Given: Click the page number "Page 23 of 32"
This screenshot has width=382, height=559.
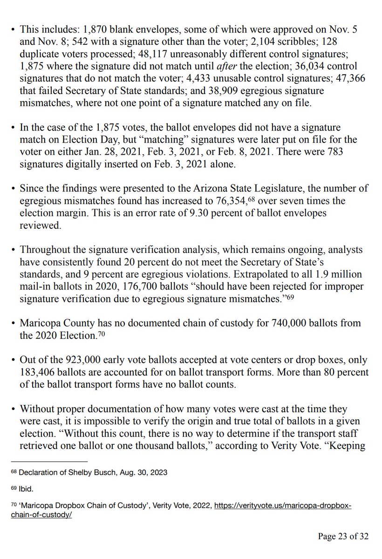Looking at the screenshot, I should coord(343,536).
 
